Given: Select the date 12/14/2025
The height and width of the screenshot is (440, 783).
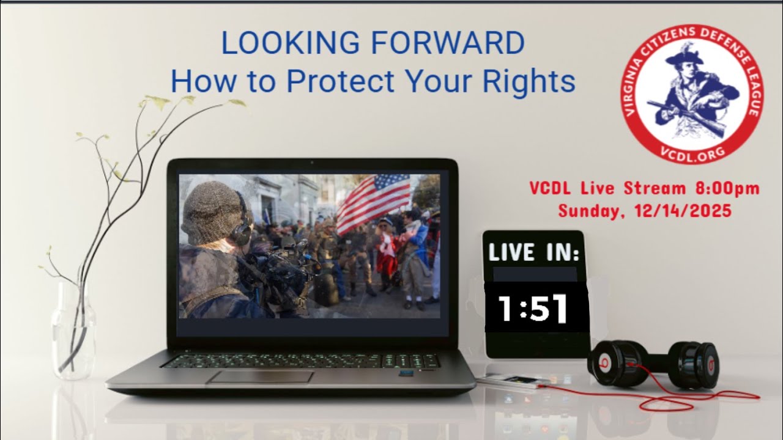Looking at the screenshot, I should (x=688, y=211).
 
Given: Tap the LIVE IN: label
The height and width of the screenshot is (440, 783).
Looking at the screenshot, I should (x=533, y=252).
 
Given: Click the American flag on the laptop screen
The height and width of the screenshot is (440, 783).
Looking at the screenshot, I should (x=373, y=202).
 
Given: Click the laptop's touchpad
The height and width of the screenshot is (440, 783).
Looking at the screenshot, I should (x=260, y=376).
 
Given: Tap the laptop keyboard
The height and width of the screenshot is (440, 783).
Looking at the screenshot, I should (x=300, y=361).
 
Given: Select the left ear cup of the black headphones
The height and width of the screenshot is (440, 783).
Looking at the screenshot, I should (x=615, y=363).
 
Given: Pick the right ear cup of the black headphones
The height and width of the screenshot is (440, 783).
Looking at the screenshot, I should (x=697, y=365).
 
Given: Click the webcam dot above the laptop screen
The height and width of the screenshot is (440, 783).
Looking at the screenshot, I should (x=311, y=163).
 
